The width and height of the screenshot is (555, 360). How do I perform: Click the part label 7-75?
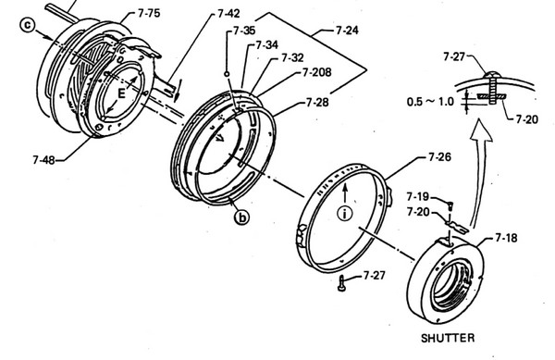tap(149, 14)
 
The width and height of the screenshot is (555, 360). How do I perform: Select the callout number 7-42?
tap(228, 14)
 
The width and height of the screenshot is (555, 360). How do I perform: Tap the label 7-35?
tap(244, 31)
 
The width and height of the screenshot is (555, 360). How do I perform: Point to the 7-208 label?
tap(316, 72)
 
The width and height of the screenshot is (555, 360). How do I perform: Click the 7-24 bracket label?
tap(347, 31)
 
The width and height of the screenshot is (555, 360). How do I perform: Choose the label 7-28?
tap(317, 103)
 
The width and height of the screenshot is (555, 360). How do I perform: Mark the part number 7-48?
tap(43, 160)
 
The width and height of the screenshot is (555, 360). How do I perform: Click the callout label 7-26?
tap(439, 156)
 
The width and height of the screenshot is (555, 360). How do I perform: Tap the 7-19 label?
tap(418, 196)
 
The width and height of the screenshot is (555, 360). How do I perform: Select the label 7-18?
tap(506, 238)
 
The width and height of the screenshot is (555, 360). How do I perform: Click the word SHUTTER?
tap(448, 338)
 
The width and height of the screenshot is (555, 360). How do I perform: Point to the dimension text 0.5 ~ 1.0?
tap(430, 102)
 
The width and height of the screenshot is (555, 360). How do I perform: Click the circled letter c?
tap(28, 25)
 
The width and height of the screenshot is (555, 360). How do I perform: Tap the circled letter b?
tap(241, 217)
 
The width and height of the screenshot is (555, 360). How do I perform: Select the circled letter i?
tap(345, 214)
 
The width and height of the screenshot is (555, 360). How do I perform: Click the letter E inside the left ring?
tap(121, 93)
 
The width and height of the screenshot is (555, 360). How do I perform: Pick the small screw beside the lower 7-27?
tap(341, 283)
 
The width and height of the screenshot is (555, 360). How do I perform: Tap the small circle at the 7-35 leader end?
tap(227, 74)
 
